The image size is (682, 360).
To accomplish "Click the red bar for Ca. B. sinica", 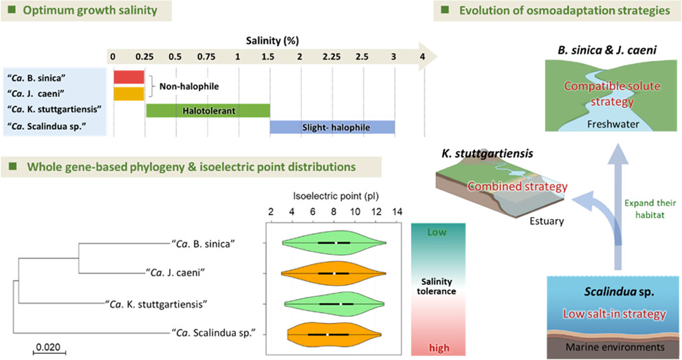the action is pyautogui.click(x=129, y=77).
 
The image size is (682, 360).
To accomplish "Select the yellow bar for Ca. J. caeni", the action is pyautogui.click(x=129, y=94).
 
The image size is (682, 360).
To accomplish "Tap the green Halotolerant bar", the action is pyautogui.click(x=208, y=111).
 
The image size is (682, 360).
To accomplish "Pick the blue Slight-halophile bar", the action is pyautogui.click(x=332, y=127).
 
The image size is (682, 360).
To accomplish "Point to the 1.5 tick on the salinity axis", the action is pyautogui.click(x=268, y=56).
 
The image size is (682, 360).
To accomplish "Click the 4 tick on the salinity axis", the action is pyautogui.click(x=422, y=56).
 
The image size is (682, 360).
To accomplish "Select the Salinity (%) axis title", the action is pyautogui.click(x=272, y=41).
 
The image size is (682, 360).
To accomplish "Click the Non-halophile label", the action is pyautogui.click(x=189, y=86).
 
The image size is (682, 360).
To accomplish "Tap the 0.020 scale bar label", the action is pyautogui.click(x=48, y=347).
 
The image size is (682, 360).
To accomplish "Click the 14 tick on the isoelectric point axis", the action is pyautogui.click(x=397, y=212).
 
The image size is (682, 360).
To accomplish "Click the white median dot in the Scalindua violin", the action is pyautogui.click(x=327, y=335).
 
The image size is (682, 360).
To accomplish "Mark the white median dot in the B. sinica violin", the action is pyautogui.click(x=335, y=243).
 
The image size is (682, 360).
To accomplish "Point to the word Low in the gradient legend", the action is pyautogui.click(x=437, y=232).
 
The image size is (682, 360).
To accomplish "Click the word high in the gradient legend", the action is pyautogui.click(x=439, y=348).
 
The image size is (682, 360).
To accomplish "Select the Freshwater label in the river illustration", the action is pyautogui.click(x=613, y=124).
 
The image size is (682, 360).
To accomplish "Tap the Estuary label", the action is pyautogui.click(x=547, y=221).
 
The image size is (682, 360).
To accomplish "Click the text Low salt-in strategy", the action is pyautogui.click(x=615, y=314).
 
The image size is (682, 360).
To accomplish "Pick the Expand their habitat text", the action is pyautogui.click(x=650, y=209).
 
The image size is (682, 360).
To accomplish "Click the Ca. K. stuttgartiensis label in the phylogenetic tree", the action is pyautogui.click(x=156, y=304).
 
